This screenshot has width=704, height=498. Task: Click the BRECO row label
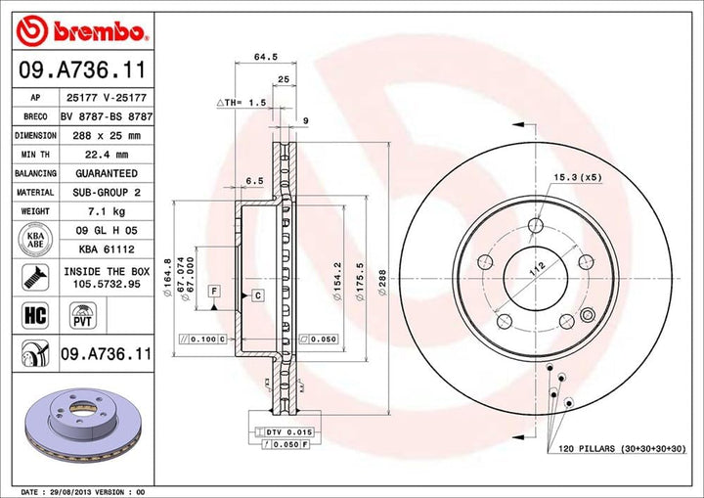34,116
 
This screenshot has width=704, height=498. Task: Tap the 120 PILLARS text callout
623,447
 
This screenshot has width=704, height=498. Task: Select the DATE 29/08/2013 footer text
83,490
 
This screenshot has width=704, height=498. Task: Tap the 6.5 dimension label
255,181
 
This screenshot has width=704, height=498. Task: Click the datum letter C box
257,294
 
